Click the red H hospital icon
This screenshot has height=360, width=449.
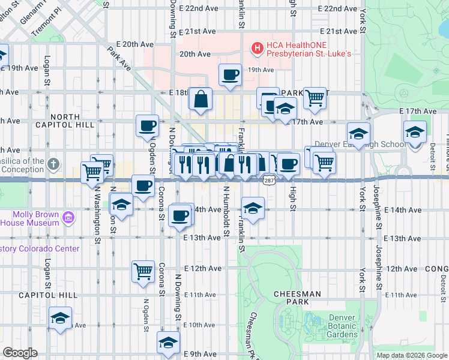click(x=257, y=47)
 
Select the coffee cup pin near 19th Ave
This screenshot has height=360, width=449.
click(x=231, y=75)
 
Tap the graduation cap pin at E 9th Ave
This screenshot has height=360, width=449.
click(x=168, y=343)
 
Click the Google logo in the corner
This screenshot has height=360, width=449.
click(x=20, y=353)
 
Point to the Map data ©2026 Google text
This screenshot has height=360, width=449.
click(x=411, y=355)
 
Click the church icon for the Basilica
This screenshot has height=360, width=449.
click(x=53, y=164)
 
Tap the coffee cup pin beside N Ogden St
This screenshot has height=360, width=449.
click(x=148, y=126)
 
